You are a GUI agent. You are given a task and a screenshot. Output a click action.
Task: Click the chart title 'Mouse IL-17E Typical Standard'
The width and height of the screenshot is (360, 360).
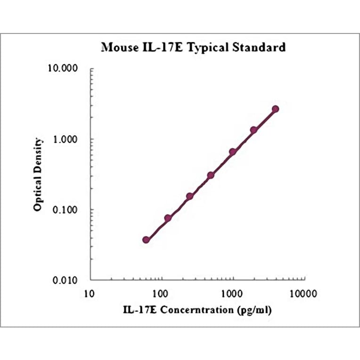[194, 48]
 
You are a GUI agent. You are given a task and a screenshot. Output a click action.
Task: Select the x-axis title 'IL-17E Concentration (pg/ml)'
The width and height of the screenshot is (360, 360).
[197, 310]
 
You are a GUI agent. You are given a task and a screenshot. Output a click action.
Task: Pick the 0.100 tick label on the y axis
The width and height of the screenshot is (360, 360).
[68, 210]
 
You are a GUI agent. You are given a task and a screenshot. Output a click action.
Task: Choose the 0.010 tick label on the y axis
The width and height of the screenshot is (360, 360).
[68, 280]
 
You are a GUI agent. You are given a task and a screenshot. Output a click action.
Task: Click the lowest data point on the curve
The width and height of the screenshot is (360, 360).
[146, 240]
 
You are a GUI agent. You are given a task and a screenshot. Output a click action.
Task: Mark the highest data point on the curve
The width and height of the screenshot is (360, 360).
[276, 109]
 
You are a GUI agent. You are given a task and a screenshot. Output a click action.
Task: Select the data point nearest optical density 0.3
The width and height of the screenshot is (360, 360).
[211, 175]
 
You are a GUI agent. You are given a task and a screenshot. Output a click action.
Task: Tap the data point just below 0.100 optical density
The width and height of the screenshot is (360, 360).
[168, 218]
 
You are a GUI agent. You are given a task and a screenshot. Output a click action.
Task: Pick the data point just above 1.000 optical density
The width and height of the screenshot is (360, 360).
[254, 130]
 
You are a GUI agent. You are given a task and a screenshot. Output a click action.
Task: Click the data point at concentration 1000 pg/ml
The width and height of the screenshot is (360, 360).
[232, 152]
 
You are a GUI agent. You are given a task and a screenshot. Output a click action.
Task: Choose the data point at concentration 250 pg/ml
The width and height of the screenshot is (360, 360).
[189, 196]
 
